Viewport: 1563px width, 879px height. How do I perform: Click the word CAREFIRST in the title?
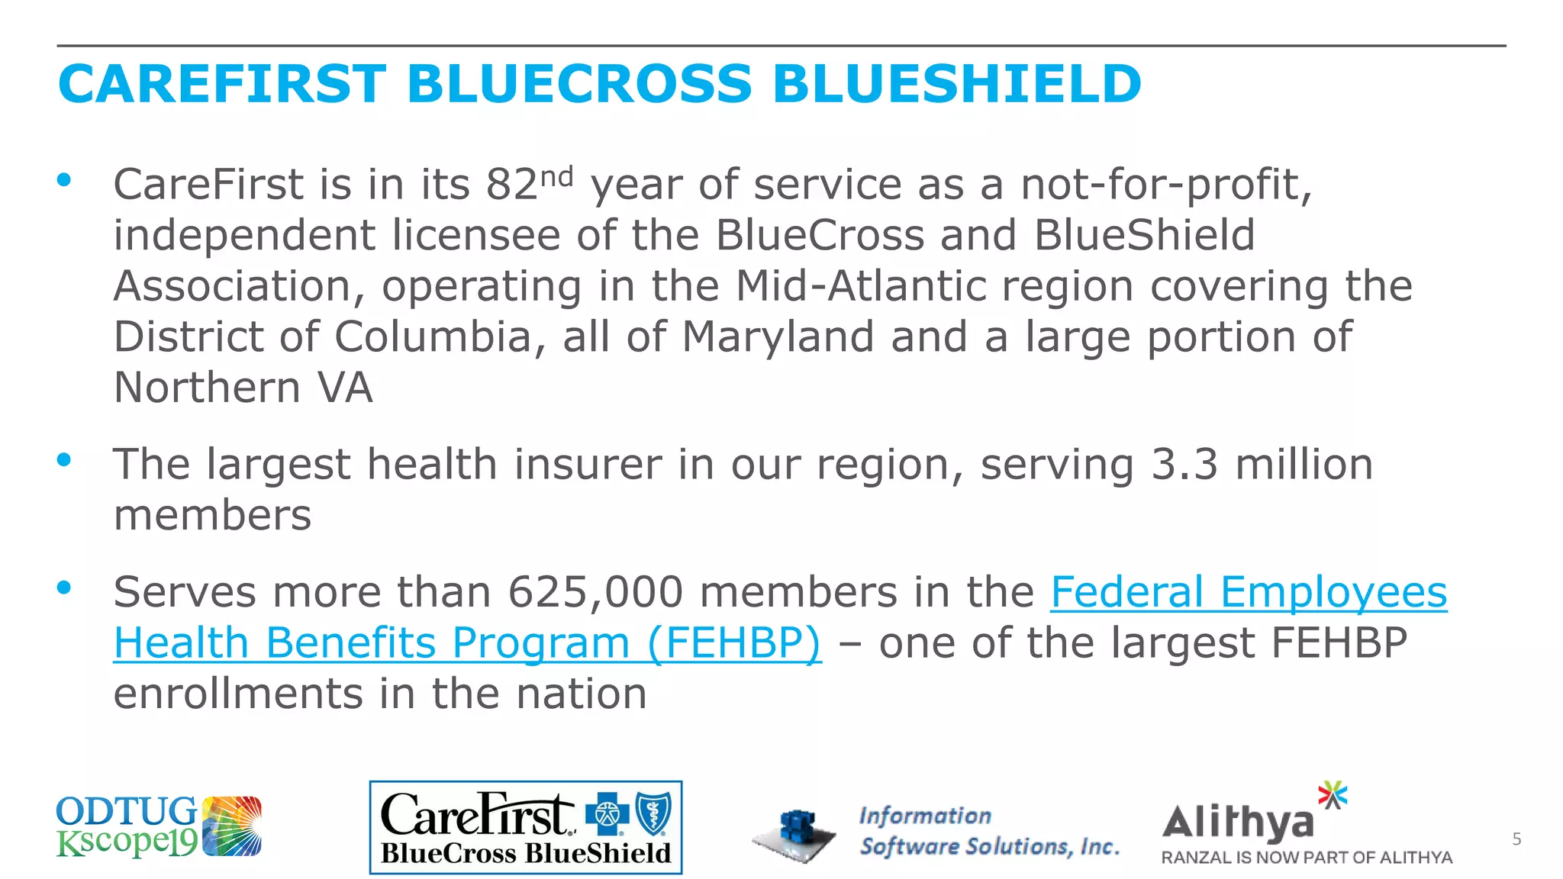222,84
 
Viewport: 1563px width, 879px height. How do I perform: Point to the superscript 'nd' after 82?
556,177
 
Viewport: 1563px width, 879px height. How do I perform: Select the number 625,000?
595,592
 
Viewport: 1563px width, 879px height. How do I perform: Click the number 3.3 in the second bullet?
1184,465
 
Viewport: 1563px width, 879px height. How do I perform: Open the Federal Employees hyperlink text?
1249,592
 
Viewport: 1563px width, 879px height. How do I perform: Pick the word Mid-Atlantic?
860,286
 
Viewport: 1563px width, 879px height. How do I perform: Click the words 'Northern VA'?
243,388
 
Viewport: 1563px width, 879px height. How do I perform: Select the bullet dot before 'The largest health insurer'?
64,460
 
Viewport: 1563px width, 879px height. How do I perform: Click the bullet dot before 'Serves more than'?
64,588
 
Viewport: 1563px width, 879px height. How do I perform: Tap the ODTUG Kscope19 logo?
159,826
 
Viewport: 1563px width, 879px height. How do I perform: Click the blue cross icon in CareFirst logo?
607,814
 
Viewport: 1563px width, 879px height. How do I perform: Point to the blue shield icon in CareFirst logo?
653,814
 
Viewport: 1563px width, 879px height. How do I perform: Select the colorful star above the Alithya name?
1333,795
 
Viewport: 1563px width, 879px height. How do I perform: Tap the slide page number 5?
1516,839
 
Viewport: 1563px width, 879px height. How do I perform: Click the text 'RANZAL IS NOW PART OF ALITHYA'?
1307,858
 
